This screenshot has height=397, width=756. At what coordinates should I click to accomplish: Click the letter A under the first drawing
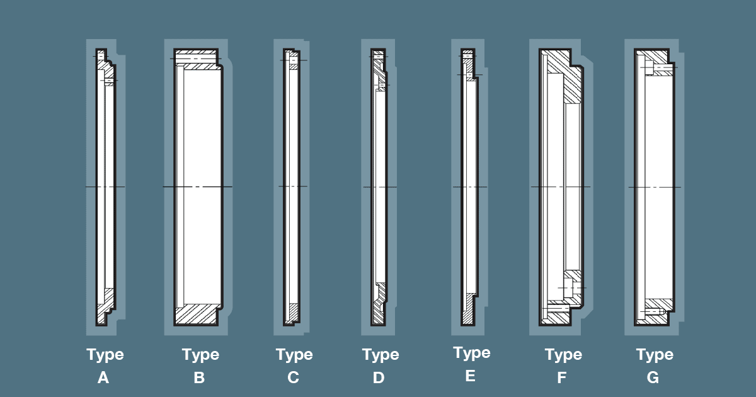[x=104, y=378]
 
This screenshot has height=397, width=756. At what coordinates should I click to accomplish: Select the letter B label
[x=199, y=378]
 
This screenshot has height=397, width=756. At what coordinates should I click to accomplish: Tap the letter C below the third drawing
[x=293, y=378]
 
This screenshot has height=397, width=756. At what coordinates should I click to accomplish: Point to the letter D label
[x=379, y=378]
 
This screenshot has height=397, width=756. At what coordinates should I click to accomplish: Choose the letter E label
[x=470, y=376]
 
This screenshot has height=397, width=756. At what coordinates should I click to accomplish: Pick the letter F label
[x=562, y=378]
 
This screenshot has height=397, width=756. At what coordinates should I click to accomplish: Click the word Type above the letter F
[x=563, y=355]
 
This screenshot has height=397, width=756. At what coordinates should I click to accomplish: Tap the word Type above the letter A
[x=105, y=355]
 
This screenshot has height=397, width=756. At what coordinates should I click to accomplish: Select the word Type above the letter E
[x=472, y=353]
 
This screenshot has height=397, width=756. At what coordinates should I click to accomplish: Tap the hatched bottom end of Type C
[x=292, y=313]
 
